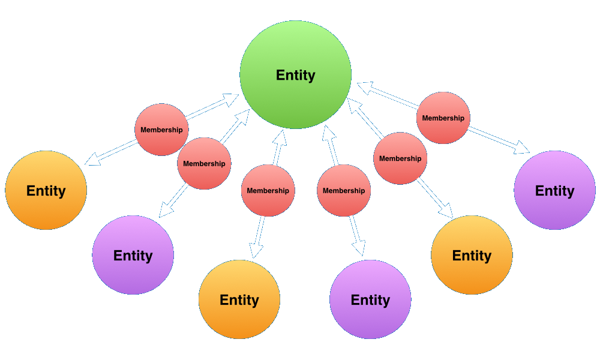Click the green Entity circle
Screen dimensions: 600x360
tap(295, 74)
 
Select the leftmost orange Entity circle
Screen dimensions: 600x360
tap(46, 190)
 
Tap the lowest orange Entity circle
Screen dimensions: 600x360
tap(239, 299)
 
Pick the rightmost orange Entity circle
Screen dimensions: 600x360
tap(472, 255)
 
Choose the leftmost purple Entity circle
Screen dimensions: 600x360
tap(133, 255)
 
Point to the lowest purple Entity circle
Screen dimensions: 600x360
tap(370, 299)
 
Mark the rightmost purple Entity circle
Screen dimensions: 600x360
tap(555, 190)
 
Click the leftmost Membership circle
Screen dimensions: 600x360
tap(161, 130)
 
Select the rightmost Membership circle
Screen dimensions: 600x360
tap(443, 118)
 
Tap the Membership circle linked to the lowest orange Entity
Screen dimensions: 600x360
tap(268, 190)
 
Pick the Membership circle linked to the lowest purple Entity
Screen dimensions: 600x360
tap(344, 190)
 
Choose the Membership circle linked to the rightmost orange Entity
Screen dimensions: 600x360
tap(400, 158)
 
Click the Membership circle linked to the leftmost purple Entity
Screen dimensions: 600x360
tap(204, 163)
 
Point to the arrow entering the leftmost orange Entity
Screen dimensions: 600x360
tap(111, 153)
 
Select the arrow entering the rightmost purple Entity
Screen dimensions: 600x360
tap(499, 140)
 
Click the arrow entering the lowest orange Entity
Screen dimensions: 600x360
tap(258, 237)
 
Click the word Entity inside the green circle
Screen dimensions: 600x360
tap(295, 76)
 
